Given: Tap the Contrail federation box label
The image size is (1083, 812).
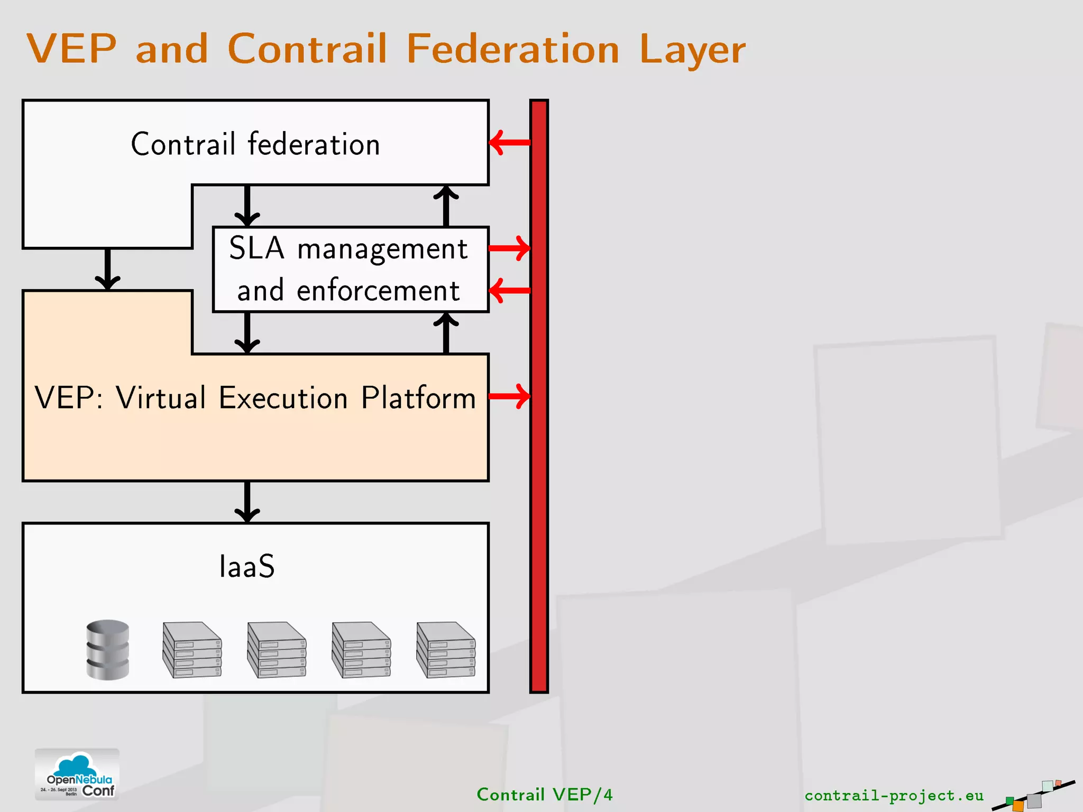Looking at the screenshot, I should coord(255,144).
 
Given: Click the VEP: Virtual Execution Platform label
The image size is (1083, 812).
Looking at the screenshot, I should coord(255,398).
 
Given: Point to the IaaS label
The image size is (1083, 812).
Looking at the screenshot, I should coord(247,567).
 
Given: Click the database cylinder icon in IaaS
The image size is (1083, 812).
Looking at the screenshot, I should coord(108,650).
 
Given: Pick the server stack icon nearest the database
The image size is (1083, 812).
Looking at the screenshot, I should coord(192,650).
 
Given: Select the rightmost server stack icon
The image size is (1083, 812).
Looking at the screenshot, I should coord(446,650).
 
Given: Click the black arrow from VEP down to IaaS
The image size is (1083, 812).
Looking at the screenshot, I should coord(247,502).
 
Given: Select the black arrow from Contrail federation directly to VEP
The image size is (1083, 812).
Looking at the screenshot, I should coord(108,269).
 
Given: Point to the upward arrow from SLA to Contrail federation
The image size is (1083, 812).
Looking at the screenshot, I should coord(446,206).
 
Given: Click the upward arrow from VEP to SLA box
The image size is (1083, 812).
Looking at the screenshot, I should coord(446,333).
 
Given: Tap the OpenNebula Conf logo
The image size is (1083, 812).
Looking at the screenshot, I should coord(77,774).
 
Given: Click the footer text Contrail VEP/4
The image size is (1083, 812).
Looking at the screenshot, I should coord(544,795).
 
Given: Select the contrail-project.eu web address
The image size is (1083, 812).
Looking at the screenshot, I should coord(894,795).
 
